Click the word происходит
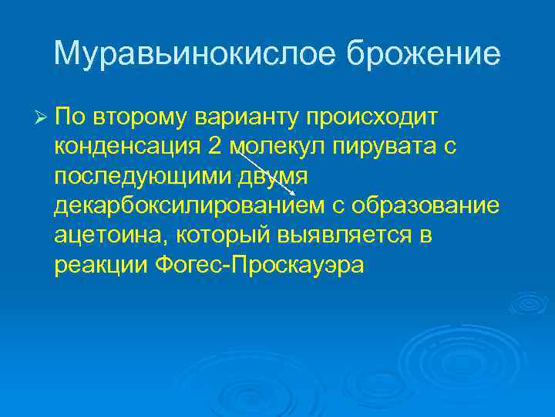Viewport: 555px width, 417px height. tap(372, 117)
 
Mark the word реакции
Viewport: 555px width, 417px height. tap(101, 266)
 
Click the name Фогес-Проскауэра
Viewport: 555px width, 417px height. tap(262, 266)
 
